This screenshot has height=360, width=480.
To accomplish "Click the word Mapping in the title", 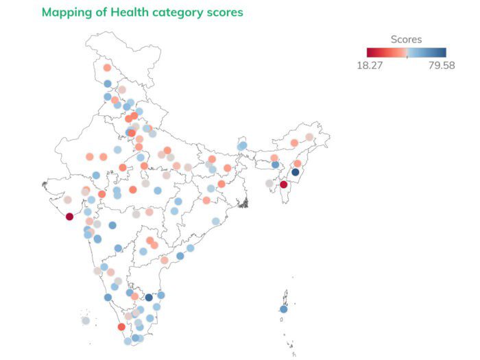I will [x=66, y=12].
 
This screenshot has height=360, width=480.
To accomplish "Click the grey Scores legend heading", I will [x=406, y=40].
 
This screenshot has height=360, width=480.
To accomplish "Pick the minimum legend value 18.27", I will [x=370, y=65].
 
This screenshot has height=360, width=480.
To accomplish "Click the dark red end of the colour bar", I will [x=370, y=52].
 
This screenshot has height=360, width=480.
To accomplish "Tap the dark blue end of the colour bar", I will [x=443, y=52].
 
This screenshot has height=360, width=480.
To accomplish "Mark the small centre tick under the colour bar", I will [x=407, y=58].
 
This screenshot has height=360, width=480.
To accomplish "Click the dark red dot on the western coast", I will [x=69, y=217].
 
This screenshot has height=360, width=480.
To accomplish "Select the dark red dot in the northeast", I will [x=284, y=184].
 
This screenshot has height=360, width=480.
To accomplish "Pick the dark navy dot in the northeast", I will [x=296, y=173].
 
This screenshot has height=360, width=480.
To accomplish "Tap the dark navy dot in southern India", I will [x=149, y=298].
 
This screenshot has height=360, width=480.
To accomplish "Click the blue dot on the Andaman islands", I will [x=283, y=309].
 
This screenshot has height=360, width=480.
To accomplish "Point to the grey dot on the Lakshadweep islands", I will [x=86, y=320].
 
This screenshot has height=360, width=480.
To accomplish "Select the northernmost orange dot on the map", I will [x=107, y=68].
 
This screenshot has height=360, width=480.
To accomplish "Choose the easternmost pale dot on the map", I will [x=309, y=137].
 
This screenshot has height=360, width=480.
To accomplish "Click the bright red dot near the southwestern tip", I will [x=121, y=327].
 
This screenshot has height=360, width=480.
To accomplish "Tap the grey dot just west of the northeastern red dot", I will [x=269, y=183].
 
